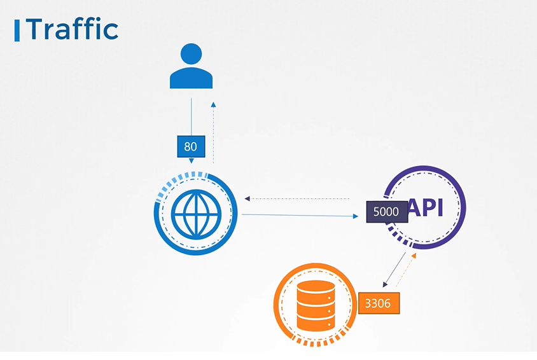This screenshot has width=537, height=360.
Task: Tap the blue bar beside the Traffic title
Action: (17, 30)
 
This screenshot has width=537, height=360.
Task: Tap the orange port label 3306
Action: (379, 303)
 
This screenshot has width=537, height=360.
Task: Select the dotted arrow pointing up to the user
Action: (214, 134)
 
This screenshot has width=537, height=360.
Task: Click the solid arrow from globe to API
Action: (299, 216)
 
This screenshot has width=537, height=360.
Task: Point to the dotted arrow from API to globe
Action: (299, 199)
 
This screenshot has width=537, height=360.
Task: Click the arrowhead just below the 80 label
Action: (191, 162)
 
